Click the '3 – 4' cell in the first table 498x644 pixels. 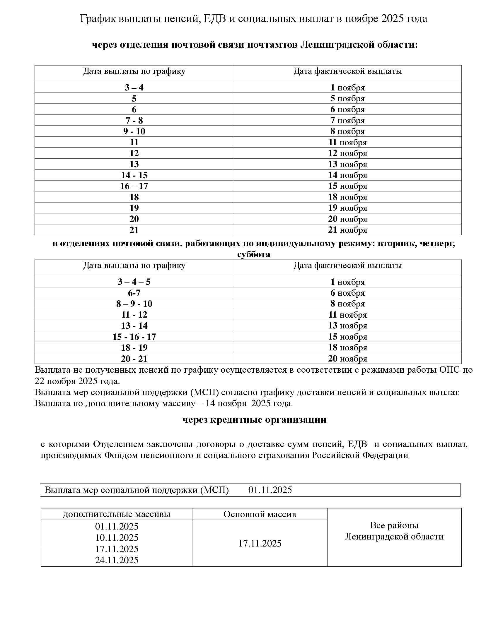tap(134, 88)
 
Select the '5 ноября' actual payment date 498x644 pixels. tap(347, 98)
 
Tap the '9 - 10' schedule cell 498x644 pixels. tap(134, 131)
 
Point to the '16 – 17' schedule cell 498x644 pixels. tap(134, 186)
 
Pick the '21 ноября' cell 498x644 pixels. tap(347, 230)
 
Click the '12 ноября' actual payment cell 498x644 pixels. tap(347, 153)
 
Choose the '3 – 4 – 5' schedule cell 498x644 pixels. tap(134, 282)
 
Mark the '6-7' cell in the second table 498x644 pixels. tap(134, 293)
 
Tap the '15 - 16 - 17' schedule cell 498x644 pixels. tap(134, 337)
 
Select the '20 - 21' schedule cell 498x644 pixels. tap(134, 359)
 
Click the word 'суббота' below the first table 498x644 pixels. tap(253, 254)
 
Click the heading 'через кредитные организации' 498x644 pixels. tap(254, 419)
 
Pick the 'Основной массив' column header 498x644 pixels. tap(260, 514)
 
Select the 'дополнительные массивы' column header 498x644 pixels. tap(117, 514)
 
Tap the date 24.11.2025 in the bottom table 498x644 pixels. tap(117, 560)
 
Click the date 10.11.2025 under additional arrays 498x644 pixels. tap(117, 537)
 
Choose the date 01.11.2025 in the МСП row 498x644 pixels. tap(270, 490)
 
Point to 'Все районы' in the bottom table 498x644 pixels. tap(394, 525)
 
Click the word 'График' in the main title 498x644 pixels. tap(98, 19)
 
